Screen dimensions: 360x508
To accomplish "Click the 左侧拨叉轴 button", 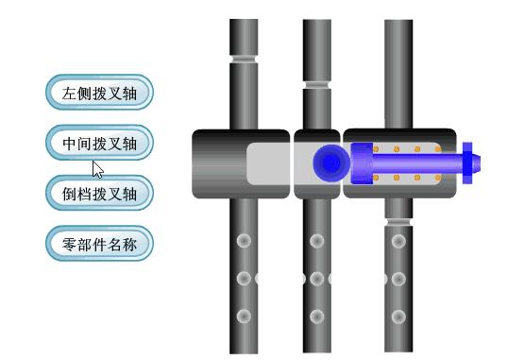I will pos(99,94).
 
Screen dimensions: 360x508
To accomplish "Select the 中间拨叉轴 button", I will pos(99,144).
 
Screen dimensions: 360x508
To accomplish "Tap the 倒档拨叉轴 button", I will pos(99,194).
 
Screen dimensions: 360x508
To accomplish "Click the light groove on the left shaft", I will pos(244,59).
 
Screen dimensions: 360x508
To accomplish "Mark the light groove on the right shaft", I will pos(398,221).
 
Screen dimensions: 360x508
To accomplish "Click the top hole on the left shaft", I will pos(244,241).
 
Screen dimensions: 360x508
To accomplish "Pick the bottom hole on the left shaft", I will pos(244,316).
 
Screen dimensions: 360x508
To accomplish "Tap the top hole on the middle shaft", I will pos(317,241).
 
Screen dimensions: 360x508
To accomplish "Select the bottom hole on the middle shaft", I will pos(317,316).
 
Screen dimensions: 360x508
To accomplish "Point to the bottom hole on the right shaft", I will pos(398,316).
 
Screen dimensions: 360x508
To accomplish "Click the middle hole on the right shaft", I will pos(398,279).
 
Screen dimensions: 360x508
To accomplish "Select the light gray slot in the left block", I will pos(269,163).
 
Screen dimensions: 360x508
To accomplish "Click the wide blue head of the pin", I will pos(362,163).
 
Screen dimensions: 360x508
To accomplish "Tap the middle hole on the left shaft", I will pos(244,279).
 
